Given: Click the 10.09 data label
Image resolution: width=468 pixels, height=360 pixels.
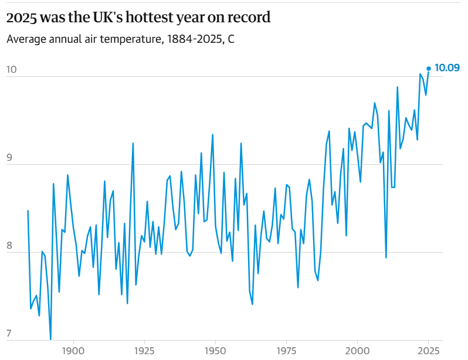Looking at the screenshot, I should click(x=447, y=68).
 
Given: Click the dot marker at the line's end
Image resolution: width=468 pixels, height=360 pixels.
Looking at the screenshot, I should click(x=429, y=69).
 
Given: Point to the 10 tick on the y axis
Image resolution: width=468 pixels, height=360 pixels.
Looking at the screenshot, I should click(x=11, y=70).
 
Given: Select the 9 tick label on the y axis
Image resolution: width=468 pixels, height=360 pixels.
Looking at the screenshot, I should click(x=9, y=158).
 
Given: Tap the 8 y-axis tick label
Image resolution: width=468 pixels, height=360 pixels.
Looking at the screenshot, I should click(x=9, y=246).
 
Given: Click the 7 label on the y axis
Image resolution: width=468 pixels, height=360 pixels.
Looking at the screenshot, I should click(x=9, y=334).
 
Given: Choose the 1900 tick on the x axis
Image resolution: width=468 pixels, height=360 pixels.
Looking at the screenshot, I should click(x=74, y=350).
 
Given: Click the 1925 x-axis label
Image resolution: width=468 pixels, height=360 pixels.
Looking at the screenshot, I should click(x=144, y=350).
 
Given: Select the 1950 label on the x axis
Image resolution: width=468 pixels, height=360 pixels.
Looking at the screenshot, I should click(x=215, y=350).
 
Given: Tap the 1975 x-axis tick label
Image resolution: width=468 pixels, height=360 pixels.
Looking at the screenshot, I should click(x=286, y=350).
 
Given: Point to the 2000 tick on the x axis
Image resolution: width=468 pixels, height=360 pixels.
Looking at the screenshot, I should click(x=357, y=350).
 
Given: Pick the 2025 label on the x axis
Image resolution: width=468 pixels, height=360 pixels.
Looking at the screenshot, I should click(x=428, y=350).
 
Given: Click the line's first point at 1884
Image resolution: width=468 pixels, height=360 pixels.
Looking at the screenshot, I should click(x=28, y=210).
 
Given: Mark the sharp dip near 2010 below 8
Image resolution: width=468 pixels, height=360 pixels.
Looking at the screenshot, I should click(x=386, y=257).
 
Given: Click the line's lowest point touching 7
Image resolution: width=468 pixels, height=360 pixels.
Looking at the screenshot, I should click(x=50, y=339).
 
